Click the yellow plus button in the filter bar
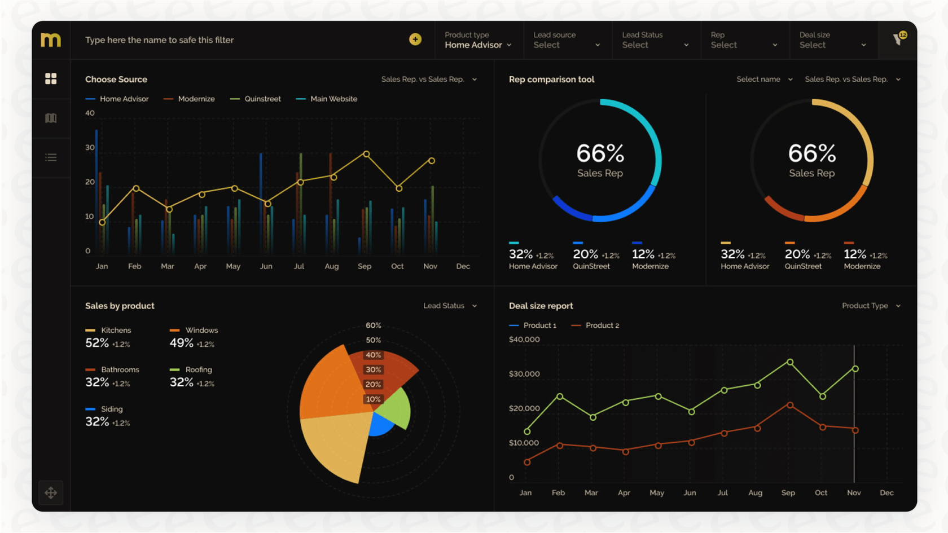415,39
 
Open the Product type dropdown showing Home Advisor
478,40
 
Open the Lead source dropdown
567,40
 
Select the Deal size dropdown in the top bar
832,40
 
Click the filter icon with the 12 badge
898,39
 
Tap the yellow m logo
51,40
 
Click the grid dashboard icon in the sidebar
51,79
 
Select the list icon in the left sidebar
51,157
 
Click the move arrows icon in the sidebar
51,492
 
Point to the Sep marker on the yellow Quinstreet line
366,154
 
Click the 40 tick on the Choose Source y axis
90,113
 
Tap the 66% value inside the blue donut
600,153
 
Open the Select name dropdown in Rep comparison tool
764,80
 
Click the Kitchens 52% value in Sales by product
97,343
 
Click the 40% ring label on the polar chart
373,355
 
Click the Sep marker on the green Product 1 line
790,362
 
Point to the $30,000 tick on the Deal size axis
524,374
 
